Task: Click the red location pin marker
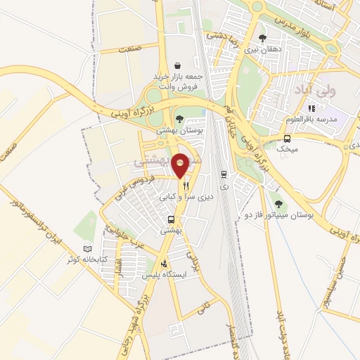tap(181, 165)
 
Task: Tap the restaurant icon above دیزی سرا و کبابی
tap(186, 186)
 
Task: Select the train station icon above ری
tap(224, 174)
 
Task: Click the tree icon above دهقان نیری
tap(262, 39)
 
